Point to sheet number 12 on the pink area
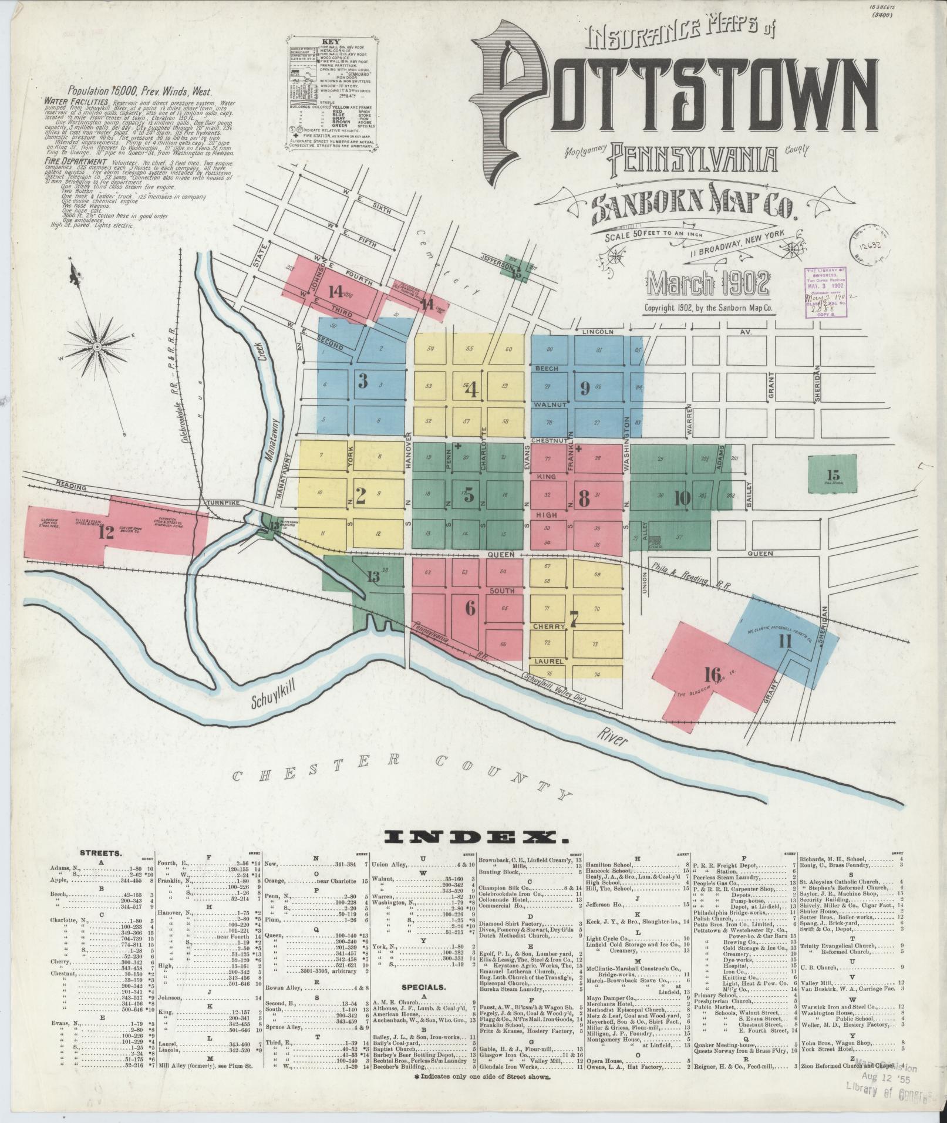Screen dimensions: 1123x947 click(106, 532)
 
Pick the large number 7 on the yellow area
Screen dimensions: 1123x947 click(574, 618)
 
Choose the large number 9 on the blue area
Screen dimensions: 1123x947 click(584, 387)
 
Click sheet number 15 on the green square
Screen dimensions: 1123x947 click(832, 475)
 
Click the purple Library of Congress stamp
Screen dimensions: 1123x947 click(828, 292)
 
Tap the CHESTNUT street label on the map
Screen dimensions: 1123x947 click(549, 440)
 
